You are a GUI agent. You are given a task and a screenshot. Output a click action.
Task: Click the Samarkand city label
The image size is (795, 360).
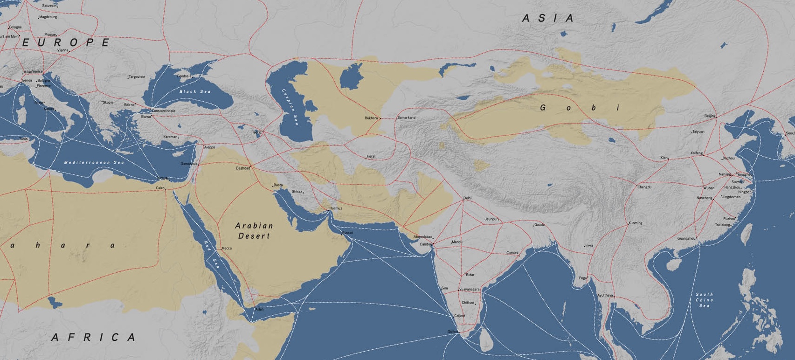407,118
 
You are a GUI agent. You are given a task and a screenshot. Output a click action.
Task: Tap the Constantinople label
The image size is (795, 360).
164,111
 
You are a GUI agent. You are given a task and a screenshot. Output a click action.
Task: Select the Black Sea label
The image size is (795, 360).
195,91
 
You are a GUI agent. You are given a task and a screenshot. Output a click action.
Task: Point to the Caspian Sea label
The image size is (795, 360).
290,107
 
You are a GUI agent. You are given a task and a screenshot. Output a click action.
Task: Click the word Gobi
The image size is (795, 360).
581,108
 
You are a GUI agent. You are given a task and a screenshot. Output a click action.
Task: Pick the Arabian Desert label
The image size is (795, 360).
254,231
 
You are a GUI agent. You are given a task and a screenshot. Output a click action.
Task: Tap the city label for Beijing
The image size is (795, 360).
710,116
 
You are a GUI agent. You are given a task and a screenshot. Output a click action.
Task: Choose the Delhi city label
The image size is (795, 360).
467,198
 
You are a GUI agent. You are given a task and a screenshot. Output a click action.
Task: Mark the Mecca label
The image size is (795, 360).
227,249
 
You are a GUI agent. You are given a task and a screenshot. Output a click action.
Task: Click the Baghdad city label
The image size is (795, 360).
243,168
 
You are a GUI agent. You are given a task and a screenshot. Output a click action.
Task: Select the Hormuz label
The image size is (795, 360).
336,208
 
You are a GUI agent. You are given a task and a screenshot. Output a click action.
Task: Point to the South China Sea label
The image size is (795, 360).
704,300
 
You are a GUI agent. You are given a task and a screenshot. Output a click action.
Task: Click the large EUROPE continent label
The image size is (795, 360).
66,42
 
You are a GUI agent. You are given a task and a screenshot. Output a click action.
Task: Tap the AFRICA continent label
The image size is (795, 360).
94,337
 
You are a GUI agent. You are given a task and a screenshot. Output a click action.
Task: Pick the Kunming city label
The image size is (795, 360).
636,223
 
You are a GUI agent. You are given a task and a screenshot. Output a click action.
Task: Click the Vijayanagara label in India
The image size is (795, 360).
470,290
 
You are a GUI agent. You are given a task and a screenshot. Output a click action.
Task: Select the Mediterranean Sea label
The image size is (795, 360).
94,162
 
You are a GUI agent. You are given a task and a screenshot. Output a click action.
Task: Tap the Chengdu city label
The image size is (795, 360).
644,187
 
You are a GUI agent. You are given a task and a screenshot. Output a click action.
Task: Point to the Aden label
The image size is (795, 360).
259,310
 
